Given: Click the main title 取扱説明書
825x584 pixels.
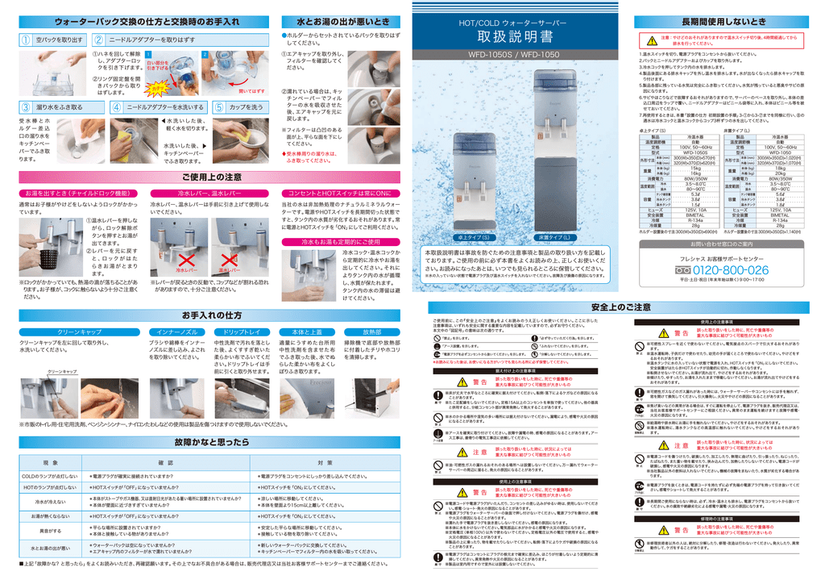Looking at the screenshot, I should (x=516, y=37).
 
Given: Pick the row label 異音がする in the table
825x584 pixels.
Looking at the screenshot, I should (x=51, y=531).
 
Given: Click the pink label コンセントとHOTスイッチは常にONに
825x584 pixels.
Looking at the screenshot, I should (x=341, y=194).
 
